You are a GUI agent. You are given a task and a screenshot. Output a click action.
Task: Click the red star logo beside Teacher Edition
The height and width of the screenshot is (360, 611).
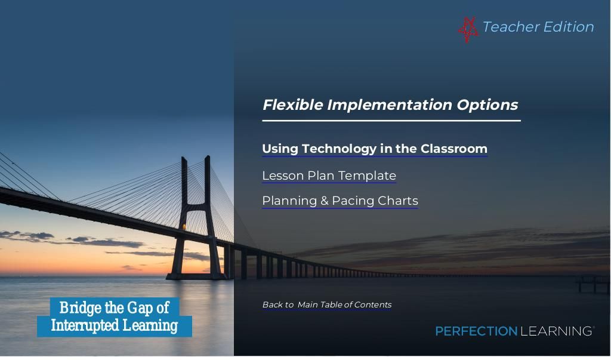tap(468, 29)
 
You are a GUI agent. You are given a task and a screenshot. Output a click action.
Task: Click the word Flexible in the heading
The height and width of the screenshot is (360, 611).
tap(292, 104)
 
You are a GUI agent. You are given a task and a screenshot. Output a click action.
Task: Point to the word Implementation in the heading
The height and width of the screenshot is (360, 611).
tap(390, 105)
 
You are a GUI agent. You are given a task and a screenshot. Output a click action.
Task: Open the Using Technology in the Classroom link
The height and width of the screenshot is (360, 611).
tap(375, 149)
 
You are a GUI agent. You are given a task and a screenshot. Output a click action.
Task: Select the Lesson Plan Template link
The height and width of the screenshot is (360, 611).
tap(329, 176)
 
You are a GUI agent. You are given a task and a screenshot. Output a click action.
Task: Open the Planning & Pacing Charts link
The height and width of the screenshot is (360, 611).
tap(340, 201)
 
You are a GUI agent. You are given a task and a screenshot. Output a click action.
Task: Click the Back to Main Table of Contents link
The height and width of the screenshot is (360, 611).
tap(327, 304)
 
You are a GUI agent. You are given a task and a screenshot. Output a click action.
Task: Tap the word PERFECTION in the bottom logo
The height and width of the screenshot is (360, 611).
tap(476, 331)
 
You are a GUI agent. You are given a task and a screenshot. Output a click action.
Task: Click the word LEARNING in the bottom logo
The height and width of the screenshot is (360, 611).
tap(556, 331)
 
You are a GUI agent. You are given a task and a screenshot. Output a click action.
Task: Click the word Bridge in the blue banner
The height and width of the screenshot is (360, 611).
tap(80, 308)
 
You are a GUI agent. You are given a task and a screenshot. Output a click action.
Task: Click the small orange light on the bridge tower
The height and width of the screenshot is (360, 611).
tap(184, 227)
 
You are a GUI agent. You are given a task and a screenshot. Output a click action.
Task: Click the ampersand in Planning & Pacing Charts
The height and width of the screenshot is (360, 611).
tap(324, 201)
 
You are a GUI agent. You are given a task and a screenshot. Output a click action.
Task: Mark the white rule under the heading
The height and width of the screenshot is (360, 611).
tap(391, 121)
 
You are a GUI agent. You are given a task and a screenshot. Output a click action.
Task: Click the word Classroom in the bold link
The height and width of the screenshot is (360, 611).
tap(453, 149)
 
